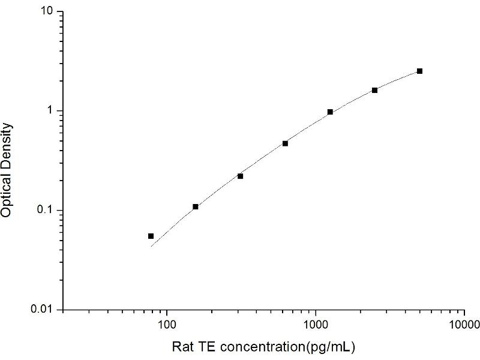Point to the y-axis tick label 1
(x=52, y=111)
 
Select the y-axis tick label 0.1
(x=48, y=210)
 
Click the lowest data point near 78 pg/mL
(x=151, y=236)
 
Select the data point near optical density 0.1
(x=196, y=206)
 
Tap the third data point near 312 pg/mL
(x=240, y=176)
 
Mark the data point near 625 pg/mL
(x=285, y=143)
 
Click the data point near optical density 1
(x=330, y=112)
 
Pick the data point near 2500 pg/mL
(x=375, y=90)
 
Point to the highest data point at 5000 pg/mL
(x=419, y=71)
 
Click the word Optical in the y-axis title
(x=7, y=193)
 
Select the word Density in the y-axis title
(x=7, y=144)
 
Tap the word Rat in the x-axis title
(x=182, y=347)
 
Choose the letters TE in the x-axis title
(x=203, y=347)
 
